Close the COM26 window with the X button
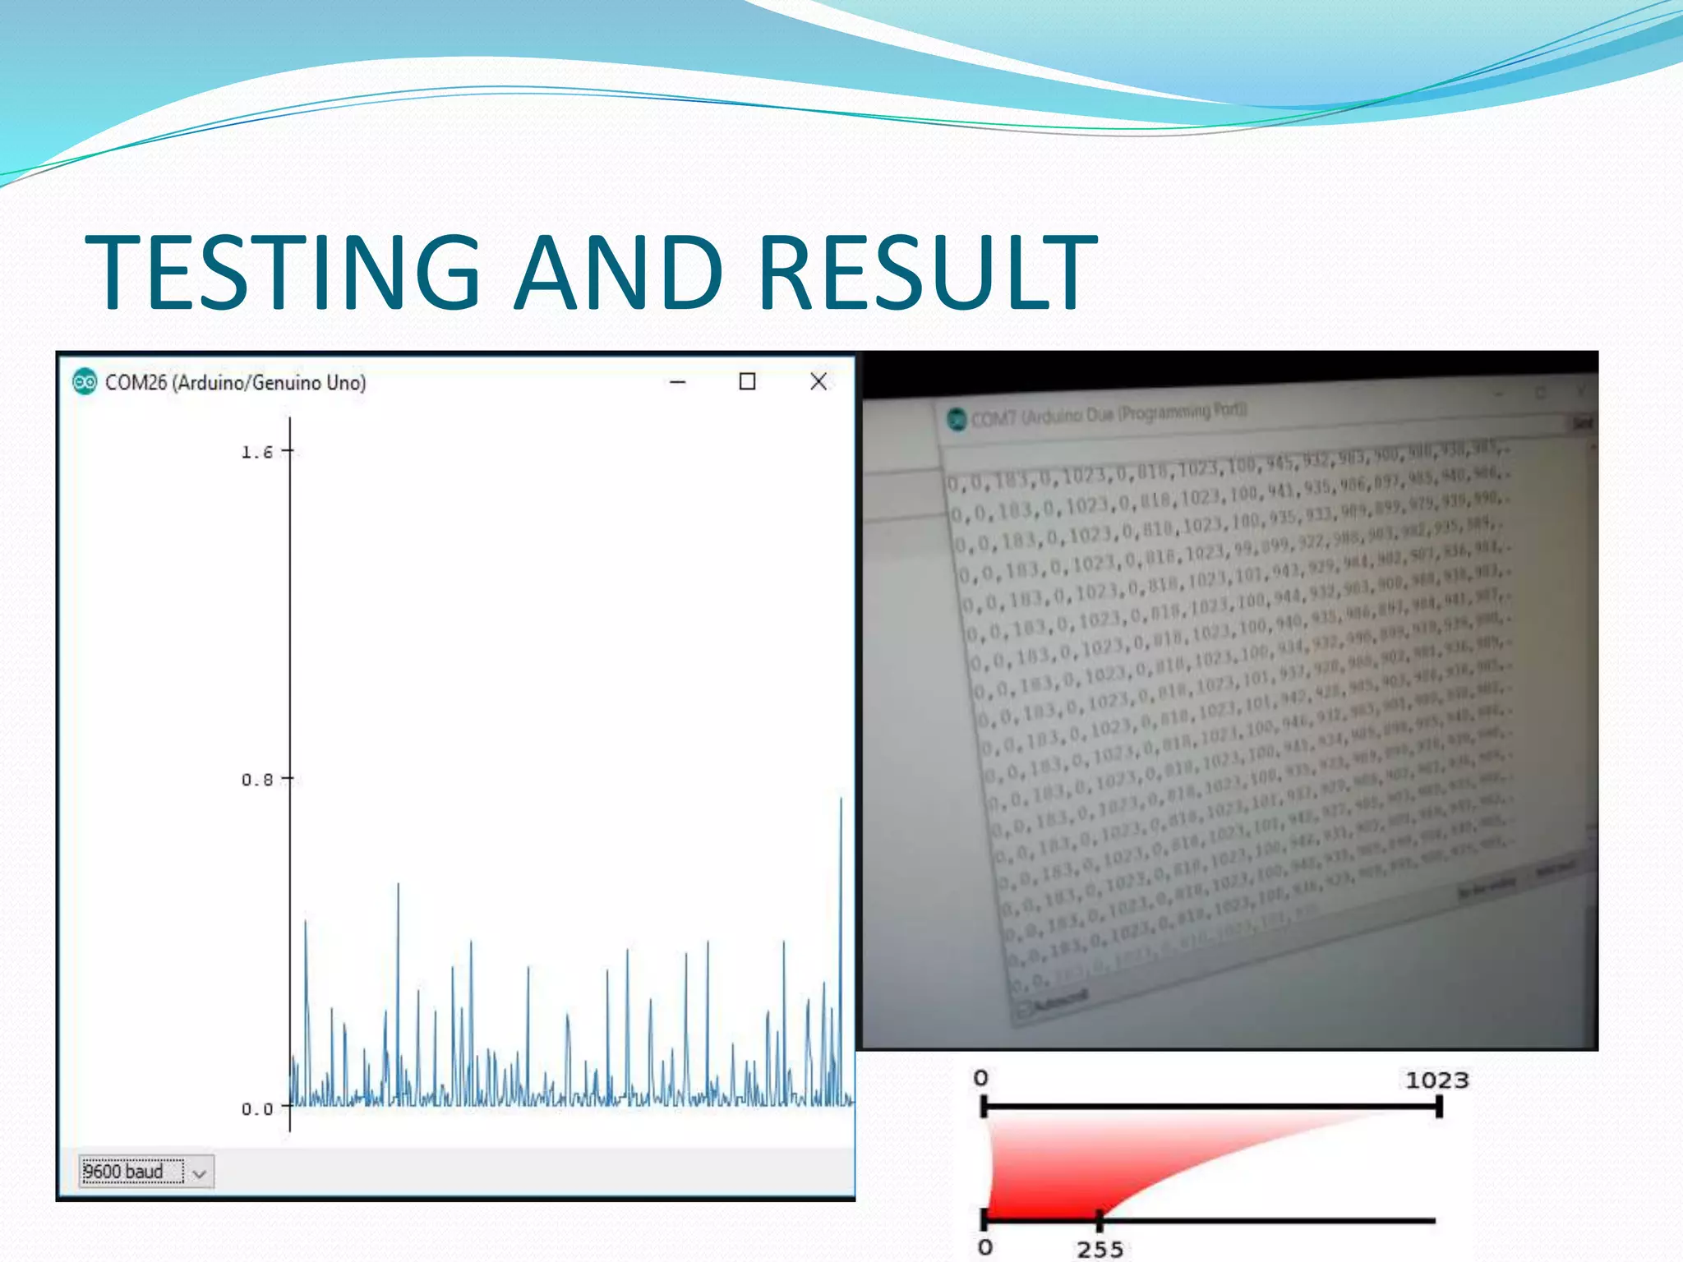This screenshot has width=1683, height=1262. (818, 381)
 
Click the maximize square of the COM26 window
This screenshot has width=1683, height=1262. (747, 381)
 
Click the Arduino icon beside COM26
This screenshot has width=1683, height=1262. (84, 382)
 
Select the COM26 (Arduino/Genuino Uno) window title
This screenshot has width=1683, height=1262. (235, 383)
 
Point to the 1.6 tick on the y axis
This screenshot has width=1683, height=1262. (256, 452)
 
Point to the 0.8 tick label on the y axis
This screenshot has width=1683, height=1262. (256, 780)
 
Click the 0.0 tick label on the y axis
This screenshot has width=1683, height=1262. (256, 1109)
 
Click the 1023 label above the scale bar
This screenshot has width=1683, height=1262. (1436, 1080)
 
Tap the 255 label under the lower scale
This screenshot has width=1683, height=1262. (1100, 1250)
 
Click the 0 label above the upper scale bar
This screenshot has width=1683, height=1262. (981, 1078)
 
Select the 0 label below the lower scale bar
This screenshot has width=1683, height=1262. (985, 1248)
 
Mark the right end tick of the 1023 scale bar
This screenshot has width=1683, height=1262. (1439, 1107)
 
